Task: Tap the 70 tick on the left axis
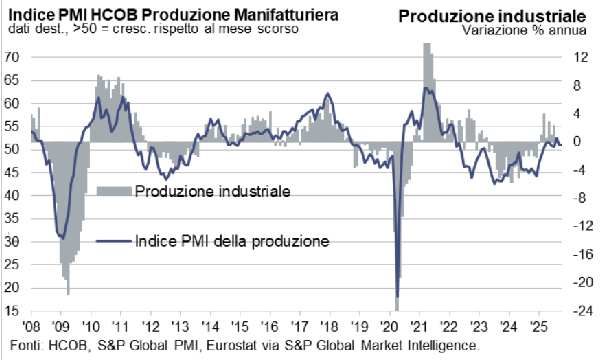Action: (13, 57)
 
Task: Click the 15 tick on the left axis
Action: (13, 311)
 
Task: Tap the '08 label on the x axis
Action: (31, 328)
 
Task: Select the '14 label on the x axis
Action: (212, 328)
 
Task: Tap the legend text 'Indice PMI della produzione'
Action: (231, 240)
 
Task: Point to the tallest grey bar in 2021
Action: (428, 50)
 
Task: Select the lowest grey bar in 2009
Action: (68, 293)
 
